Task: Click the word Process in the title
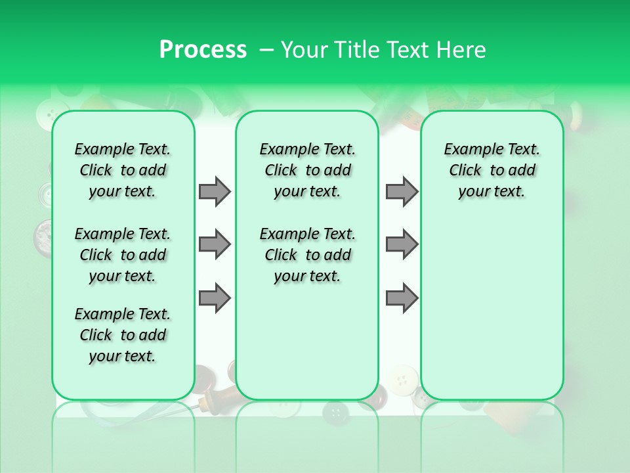pos(203,50)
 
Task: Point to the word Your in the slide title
pos(304,50)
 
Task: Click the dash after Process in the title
pos(266,51)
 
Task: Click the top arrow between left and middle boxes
pos(215,191)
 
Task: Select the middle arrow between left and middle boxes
pos(215,244)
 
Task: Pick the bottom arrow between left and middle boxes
pos(215,298)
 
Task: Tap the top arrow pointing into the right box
pos(402,191)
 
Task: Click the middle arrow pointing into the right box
pos(402,244)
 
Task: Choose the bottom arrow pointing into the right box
pos(402,298)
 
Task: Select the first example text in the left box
pos(123,170)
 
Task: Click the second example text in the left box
pos(123,255)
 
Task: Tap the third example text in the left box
pos(123,335)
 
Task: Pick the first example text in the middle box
pos(308,170)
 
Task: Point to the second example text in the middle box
pos(308,255)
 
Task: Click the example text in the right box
pos(492,170)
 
